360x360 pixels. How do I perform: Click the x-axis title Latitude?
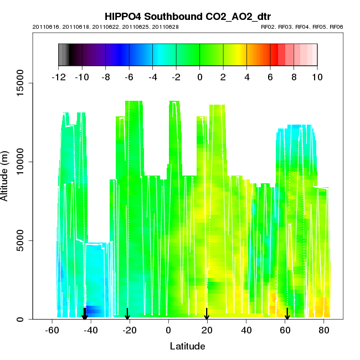point(187,346)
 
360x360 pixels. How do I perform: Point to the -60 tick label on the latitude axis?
point(52,331)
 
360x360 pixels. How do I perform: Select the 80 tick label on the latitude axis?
point(324,331)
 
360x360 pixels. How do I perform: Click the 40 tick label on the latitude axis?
point(246,331)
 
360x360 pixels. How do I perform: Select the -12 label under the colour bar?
point(59,77)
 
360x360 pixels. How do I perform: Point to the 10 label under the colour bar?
point(317,77)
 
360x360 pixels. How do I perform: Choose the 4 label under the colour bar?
point(246,77)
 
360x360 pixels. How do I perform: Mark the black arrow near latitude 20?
point(207,315)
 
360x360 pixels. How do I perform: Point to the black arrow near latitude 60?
point(287,315)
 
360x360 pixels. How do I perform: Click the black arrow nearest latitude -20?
point(127,315)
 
